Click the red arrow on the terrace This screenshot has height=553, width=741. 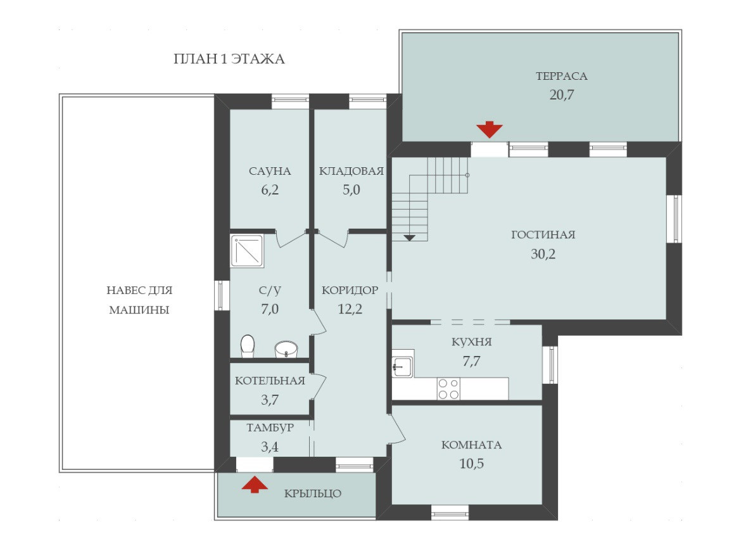(489, 129)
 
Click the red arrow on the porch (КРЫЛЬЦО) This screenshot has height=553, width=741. (255, 485)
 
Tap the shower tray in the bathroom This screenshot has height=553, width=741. (247, 250)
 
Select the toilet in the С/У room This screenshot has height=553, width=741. (248, 346)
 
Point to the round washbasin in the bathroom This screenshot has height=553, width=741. (286, 349)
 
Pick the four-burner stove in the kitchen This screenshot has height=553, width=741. (448, 388)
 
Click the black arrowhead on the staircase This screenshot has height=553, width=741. (409, 238)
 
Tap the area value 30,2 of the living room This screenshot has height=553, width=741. (543, 254)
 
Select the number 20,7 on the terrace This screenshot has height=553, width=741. (561, 95)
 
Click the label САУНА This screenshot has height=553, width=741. (270, 171)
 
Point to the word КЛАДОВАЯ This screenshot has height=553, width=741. (351, 171)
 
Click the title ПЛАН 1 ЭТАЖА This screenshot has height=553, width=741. (229, 59)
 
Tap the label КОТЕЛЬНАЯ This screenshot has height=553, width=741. (270, 381)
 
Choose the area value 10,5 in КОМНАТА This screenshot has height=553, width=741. (472, 464)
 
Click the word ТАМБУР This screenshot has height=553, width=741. (270, 428)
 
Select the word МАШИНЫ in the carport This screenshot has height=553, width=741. (139, 310)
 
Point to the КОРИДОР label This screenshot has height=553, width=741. (350, 290)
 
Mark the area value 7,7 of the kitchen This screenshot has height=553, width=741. (472, 362)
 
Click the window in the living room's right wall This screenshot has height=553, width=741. (676, 219)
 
